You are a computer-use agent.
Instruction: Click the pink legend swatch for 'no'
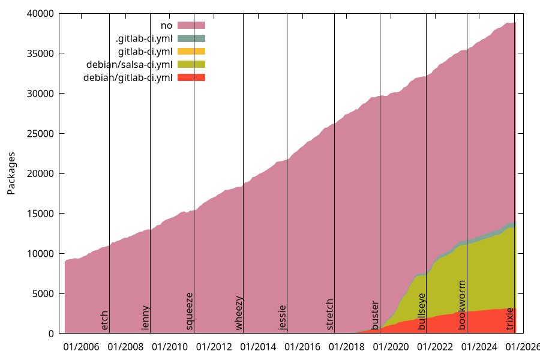[x=191, y=25]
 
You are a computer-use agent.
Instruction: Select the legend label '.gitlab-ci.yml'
[x=144, y=38]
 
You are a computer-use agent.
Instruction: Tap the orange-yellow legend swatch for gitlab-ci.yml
[x=191, y=51]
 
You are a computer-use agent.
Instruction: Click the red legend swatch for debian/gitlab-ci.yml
[x=191, y=77]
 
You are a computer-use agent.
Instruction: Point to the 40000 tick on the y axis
[x=41, y=13]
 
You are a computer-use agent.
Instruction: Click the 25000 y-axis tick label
[x=41, y=133]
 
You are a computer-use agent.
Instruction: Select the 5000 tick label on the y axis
[x=44, y=293]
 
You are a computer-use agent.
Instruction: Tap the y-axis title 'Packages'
[x=11, y=173]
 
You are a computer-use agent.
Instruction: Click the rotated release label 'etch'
[x=105, y=320]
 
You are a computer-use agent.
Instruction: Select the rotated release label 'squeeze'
[x=190, y=311]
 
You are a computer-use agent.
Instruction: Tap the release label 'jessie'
[x=283, y=317]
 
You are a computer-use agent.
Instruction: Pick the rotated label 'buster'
[x=376, y=315]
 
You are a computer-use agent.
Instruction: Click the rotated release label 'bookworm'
[x=462, y=305]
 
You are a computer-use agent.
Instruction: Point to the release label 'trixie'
[x=510, y=319]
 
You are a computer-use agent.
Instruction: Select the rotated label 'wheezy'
[x=239, y=313]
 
